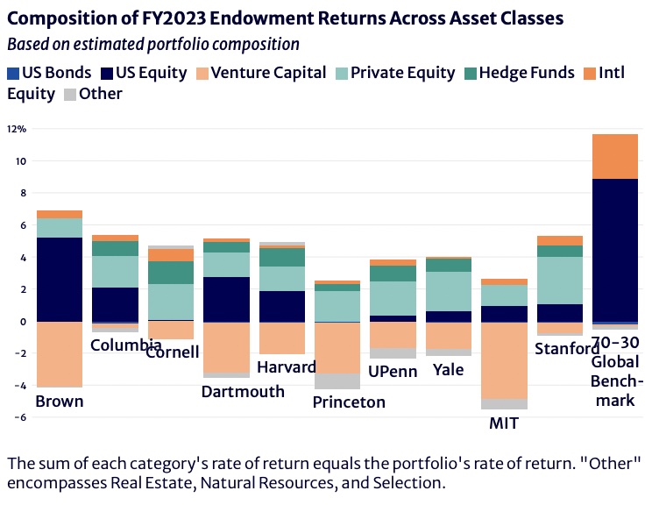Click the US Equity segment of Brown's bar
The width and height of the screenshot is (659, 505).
(60, 280)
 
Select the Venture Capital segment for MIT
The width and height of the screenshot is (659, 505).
(505, 360)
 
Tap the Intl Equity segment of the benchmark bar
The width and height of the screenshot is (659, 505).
(615, 156)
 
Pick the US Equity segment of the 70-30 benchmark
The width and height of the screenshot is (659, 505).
(615, 250)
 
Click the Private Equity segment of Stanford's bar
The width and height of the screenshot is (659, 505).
(560, 281)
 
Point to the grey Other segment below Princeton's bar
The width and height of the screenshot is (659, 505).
(337, 381)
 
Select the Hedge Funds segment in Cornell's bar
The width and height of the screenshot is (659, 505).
(171, 273)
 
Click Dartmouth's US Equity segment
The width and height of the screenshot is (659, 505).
(226, 299)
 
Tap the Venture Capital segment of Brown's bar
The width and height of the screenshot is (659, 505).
(60, 354)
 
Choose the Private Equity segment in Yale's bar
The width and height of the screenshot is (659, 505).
(449, 291)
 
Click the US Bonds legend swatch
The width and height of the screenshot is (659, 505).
(13, 74)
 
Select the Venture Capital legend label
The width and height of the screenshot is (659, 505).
(268, 73)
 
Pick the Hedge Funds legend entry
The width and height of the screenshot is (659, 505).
(520, 73)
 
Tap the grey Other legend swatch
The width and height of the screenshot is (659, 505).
(70, 95)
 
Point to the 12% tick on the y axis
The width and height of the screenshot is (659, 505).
(17, 129)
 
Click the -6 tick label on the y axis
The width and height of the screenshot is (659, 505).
(21, 417)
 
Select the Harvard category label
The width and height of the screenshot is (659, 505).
(287, 367)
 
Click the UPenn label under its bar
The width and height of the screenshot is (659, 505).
(393, 371)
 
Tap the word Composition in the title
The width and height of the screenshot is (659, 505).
(73, 18)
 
